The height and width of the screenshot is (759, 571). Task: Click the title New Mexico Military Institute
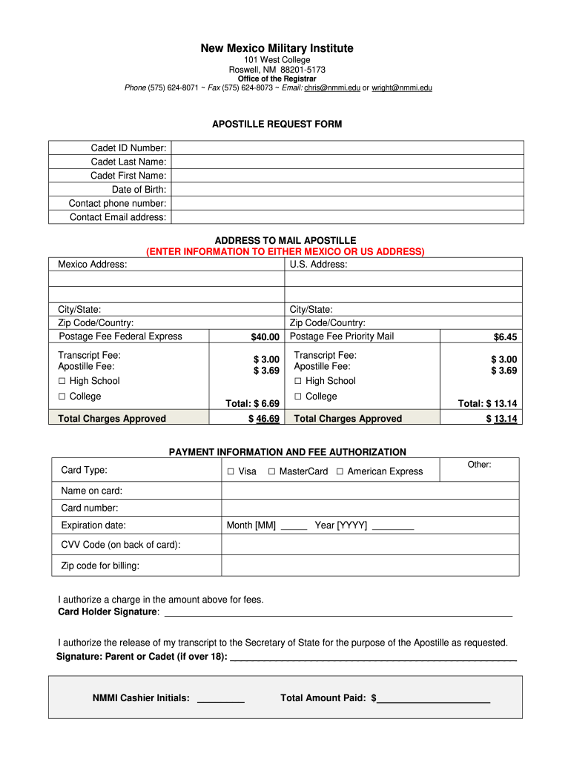(277, 48)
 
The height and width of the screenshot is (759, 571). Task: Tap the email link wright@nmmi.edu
(402, 87)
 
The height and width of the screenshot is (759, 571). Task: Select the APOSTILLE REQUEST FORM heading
(277, 124)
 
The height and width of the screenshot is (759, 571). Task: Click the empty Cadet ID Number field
(347, 148)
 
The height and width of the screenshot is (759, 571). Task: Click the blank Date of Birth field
(347, 190)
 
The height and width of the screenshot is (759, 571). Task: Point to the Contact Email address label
(118, 217)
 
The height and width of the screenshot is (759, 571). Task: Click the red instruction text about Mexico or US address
(285, 251)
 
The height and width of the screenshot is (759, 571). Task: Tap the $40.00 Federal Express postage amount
(265, 337)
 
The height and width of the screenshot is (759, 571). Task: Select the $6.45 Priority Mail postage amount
(505, 337)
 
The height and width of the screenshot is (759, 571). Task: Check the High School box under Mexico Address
(62, 381)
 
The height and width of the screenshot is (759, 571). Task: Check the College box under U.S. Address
(298, 397)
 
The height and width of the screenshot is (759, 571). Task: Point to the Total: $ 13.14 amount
(487, 403)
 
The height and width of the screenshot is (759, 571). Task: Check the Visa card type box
(231, 472)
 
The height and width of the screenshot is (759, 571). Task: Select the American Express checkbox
(340, 472)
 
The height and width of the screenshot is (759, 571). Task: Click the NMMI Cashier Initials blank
(221, 699)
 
